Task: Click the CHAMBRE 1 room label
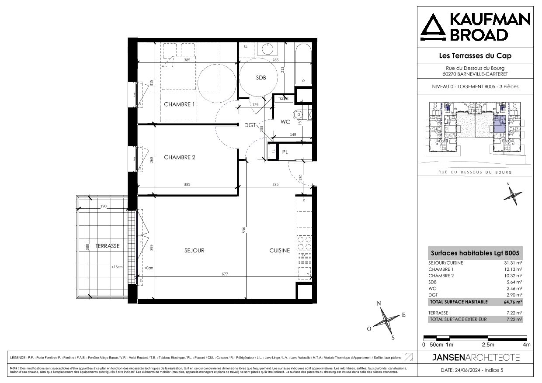pyautogui.click(x=179, y=104)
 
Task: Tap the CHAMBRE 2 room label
pyautogui.click(x=179, y=158)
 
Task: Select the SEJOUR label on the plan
pyautogui.click(x=194, y=251)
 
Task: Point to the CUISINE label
pyautogui.click(x=279, y=251)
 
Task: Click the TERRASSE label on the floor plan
pyautogui.click(x=108, y=246)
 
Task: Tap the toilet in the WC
pyautogui.click(x=299, y=115)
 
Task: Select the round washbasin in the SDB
pyautogui.click(x=265, y=48)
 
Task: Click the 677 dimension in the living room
pyautogui.click(x=225, y=274)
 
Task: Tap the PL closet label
pyautogui.click(x=285, y=152)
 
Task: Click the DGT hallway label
pyautogui.click(x=250, y=125)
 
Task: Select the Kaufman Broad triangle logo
pyautogui.click(x=434, y=28)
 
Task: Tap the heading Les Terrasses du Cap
pyautogui.click(x=475, y=55)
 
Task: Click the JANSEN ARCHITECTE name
pyautogui.click(x=476, y=358)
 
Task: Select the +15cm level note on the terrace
pyautogui.click(x=117, y=266)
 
